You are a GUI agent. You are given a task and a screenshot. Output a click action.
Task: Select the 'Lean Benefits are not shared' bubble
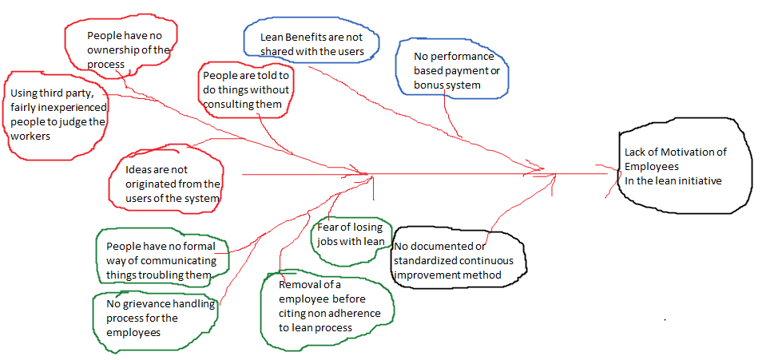pyautogui.click(x=311, y=44)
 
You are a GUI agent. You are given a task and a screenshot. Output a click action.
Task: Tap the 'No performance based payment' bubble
pyautogui.click(x=453, y=70)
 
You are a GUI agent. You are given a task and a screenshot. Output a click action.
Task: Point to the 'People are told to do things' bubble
pyautogui.click(x=245, y=89)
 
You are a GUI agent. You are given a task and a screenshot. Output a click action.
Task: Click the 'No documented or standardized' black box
pyautogui.click(x=458, y=260)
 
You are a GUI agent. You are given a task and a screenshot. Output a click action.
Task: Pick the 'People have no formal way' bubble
pyautogui.click(x=160, y=260)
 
